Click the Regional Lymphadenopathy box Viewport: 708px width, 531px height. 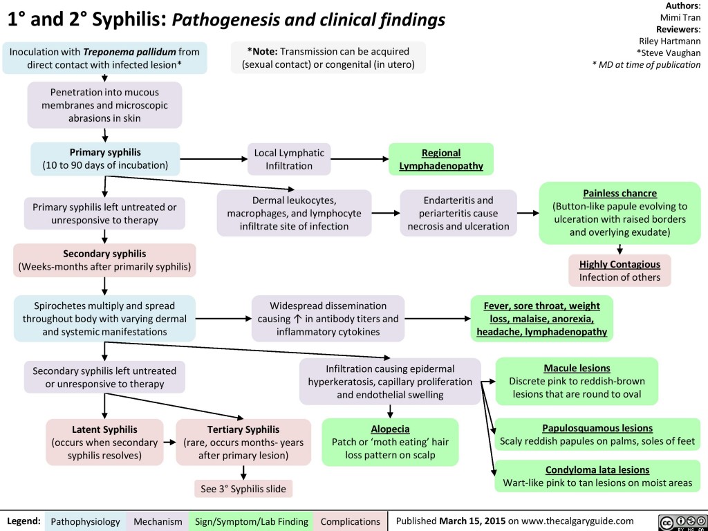coord(441,159)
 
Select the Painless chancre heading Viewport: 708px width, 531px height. coord(619,193)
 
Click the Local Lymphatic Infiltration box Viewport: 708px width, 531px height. coord(288,159)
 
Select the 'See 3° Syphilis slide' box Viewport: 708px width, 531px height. coord(243,488)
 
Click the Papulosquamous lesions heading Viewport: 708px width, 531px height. coord(597,428)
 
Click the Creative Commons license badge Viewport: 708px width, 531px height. coord(680,521)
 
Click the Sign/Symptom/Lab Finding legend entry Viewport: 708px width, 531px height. coord(252,521)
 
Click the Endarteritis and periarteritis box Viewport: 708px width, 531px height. coord(458,213)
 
